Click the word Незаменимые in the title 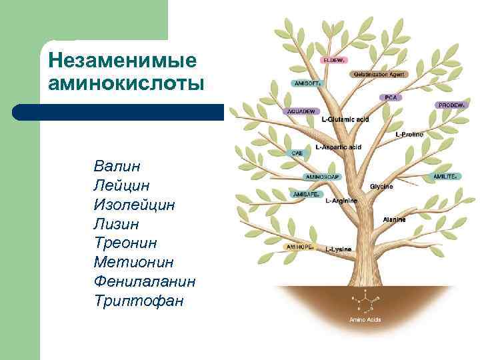[x=123, y=61]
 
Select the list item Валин [x=117, y=165]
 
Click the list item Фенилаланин [x=145, y=281]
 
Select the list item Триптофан [x=138, y=301]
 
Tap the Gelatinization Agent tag [x=379, y=74]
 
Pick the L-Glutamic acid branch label [x=345, y=119]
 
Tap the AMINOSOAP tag [x=323, y=177]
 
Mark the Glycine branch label [x=381, y=186]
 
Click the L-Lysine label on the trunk [x=339, y=249]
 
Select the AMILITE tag [x=445, y=176]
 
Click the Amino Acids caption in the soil [x=365, y=320]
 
